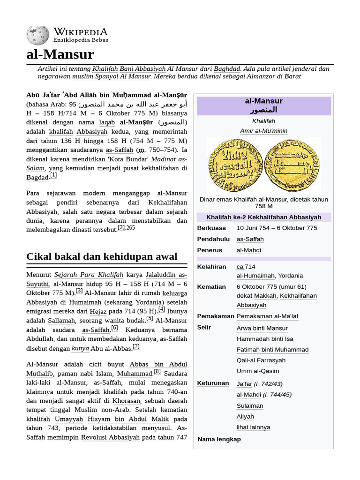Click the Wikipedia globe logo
point(37,36)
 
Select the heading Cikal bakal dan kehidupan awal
point(102,256)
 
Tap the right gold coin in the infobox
point(292,165)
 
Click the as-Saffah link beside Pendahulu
point(250,239)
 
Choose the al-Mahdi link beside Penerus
point(248,250)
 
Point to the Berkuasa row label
point(211,228)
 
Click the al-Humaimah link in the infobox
point(256,276)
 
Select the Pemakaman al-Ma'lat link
point(267,316)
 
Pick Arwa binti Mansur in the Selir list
point(262,328)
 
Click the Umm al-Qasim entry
point(255,371)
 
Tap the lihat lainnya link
point(253,427)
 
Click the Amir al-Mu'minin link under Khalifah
point(263,131)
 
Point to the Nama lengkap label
point(219,439)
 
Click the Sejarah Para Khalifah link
point(89,275)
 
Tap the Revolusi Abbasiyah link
point(110,437)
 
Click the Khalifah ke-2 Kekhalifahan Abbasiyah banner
point(263,217)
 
